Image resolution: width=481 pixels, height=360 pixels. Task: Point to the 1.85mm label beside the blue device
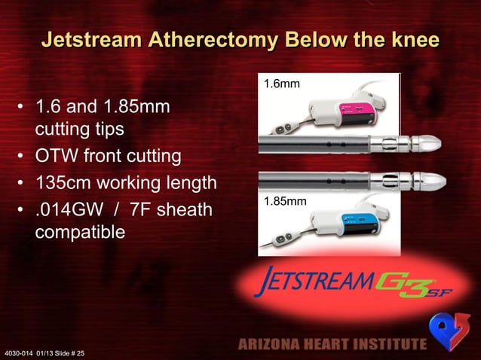(x=285, y=201)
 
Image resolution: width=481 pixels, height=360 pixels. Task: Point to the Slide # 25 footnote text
(x=75, y=352)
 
